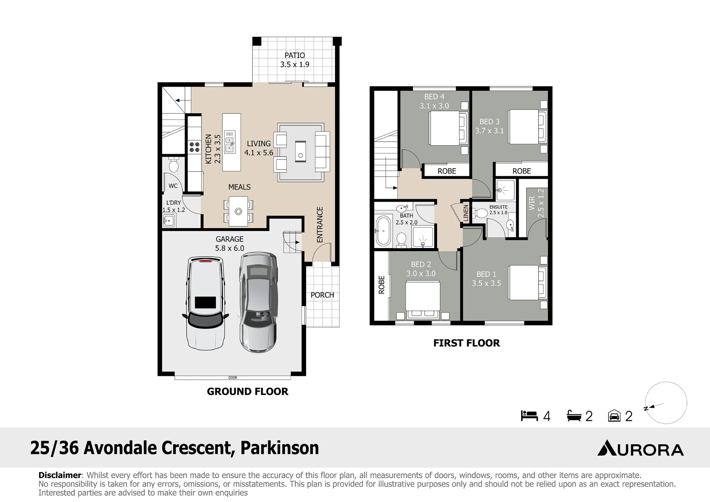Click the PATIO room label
pyautogui.click(x=295, y=55)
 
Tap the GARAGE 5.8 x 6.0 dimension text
pyautogui.click(x=230, y=248)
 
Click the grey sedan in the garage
pyautogui.click(x=258, y=302)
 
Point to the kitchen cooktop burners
pyautogui.click(x=194, y=147)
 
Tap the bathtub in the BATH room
pyautogui.click(x=383, y=231)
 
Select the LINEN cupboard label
pyautogui.click(x=466, y=213)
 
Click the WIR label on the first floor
pyautogui.click(x=532, y=204)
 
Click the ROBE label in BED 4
pyautogui.click(x=447, y=171)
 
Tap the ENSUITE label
pyautogui.click(x=498, y=207)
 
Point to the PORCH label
pyautogui.click(x=322, y=295)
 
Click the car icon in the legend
pyautogui.click(x=614, y=416)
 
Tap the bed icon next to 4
pyautogui.click(x=529, y=416)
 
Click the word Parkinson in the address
pyautogui.click(x=280, y=448)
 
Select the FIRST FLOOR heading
pyautogui.click(x=466, y=343)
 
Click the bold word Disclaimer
pyautogui.click(x=60, y=475)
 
